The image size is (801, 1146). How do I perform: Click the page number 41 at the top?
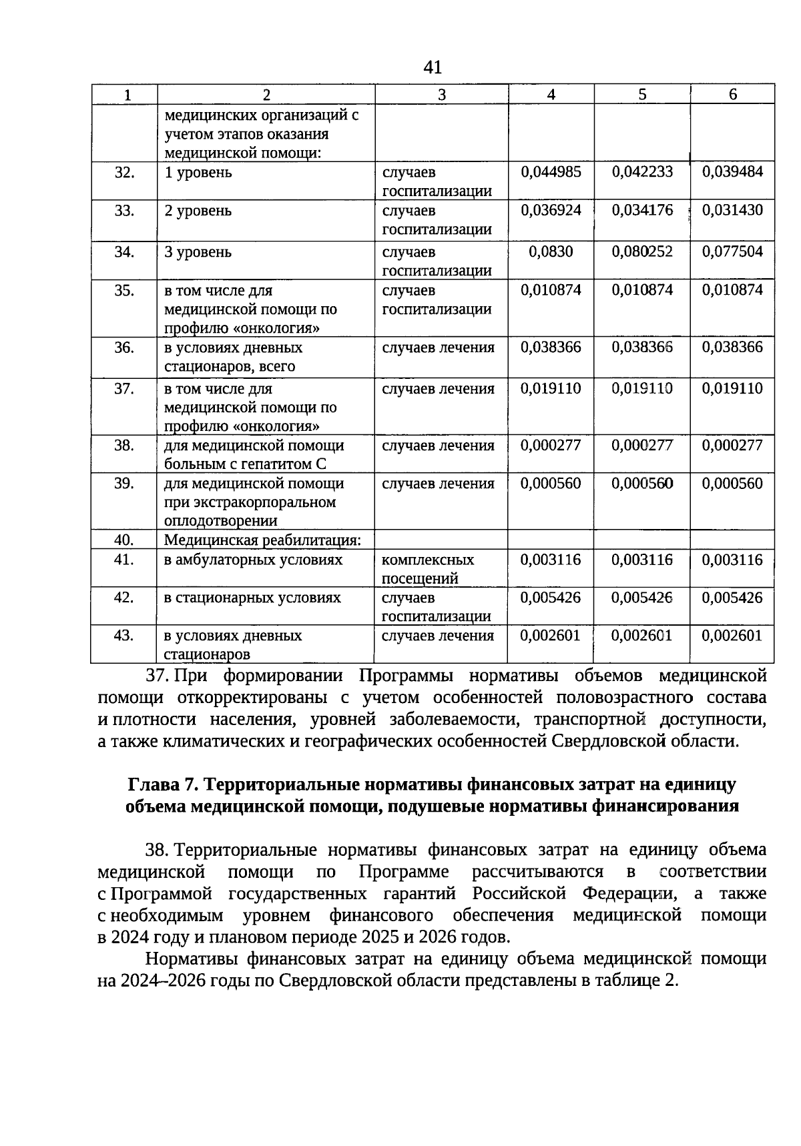tap(433, 67)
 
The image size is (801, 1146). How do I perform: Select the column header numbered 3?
tap(441, 95)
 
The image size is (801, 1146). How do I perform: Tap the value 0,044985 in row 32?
tap(551, 172)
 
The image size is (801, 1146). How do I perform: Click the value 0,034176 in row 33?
tap(642, 210)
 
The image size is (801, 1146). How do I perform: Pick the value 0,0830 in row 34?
tap(551, 252)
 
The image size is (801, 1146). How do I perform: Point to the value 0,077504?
tap(732, 252)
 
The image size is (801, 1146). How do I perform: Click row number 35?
tap(124, 290)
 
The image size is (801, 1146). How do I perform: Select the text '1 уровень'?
tap(198, 173)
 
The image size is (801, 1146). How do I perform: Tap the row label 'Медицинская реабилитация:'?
tap(262, 540)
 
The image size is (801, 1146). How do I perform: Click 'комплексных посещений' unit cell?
tap(428, 568)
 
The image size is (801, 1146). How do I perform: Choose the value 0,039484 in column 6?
tap(732, 172)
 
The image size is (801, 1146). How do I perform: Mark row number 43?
tap(124, 636)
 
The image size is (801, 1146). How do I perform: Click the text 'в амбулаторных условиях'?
tap(253, 560)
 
